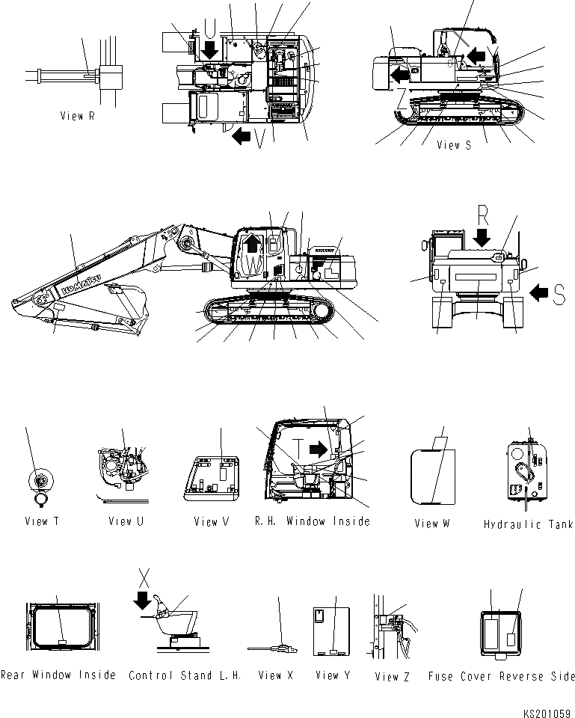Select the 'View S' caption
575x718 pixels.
coord(454,145)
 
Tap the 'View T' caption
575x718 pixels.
coord(42,521)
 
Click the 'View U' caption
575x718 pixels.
coord(126,521)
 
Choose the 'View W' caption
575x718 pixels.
coord(432,524)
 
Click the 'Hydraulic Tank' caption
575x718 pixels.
coord(528,524)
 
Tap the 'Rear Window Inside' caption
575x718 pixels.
coord(58,675)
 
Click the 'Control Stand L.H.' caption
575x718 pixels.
coord(185,675)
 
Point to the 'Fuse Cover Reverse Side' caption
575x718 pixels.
coord(502,676)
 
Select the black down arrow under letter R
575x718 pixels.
coord(482,238)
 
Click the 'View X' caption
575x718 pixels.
coord(275,675)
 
